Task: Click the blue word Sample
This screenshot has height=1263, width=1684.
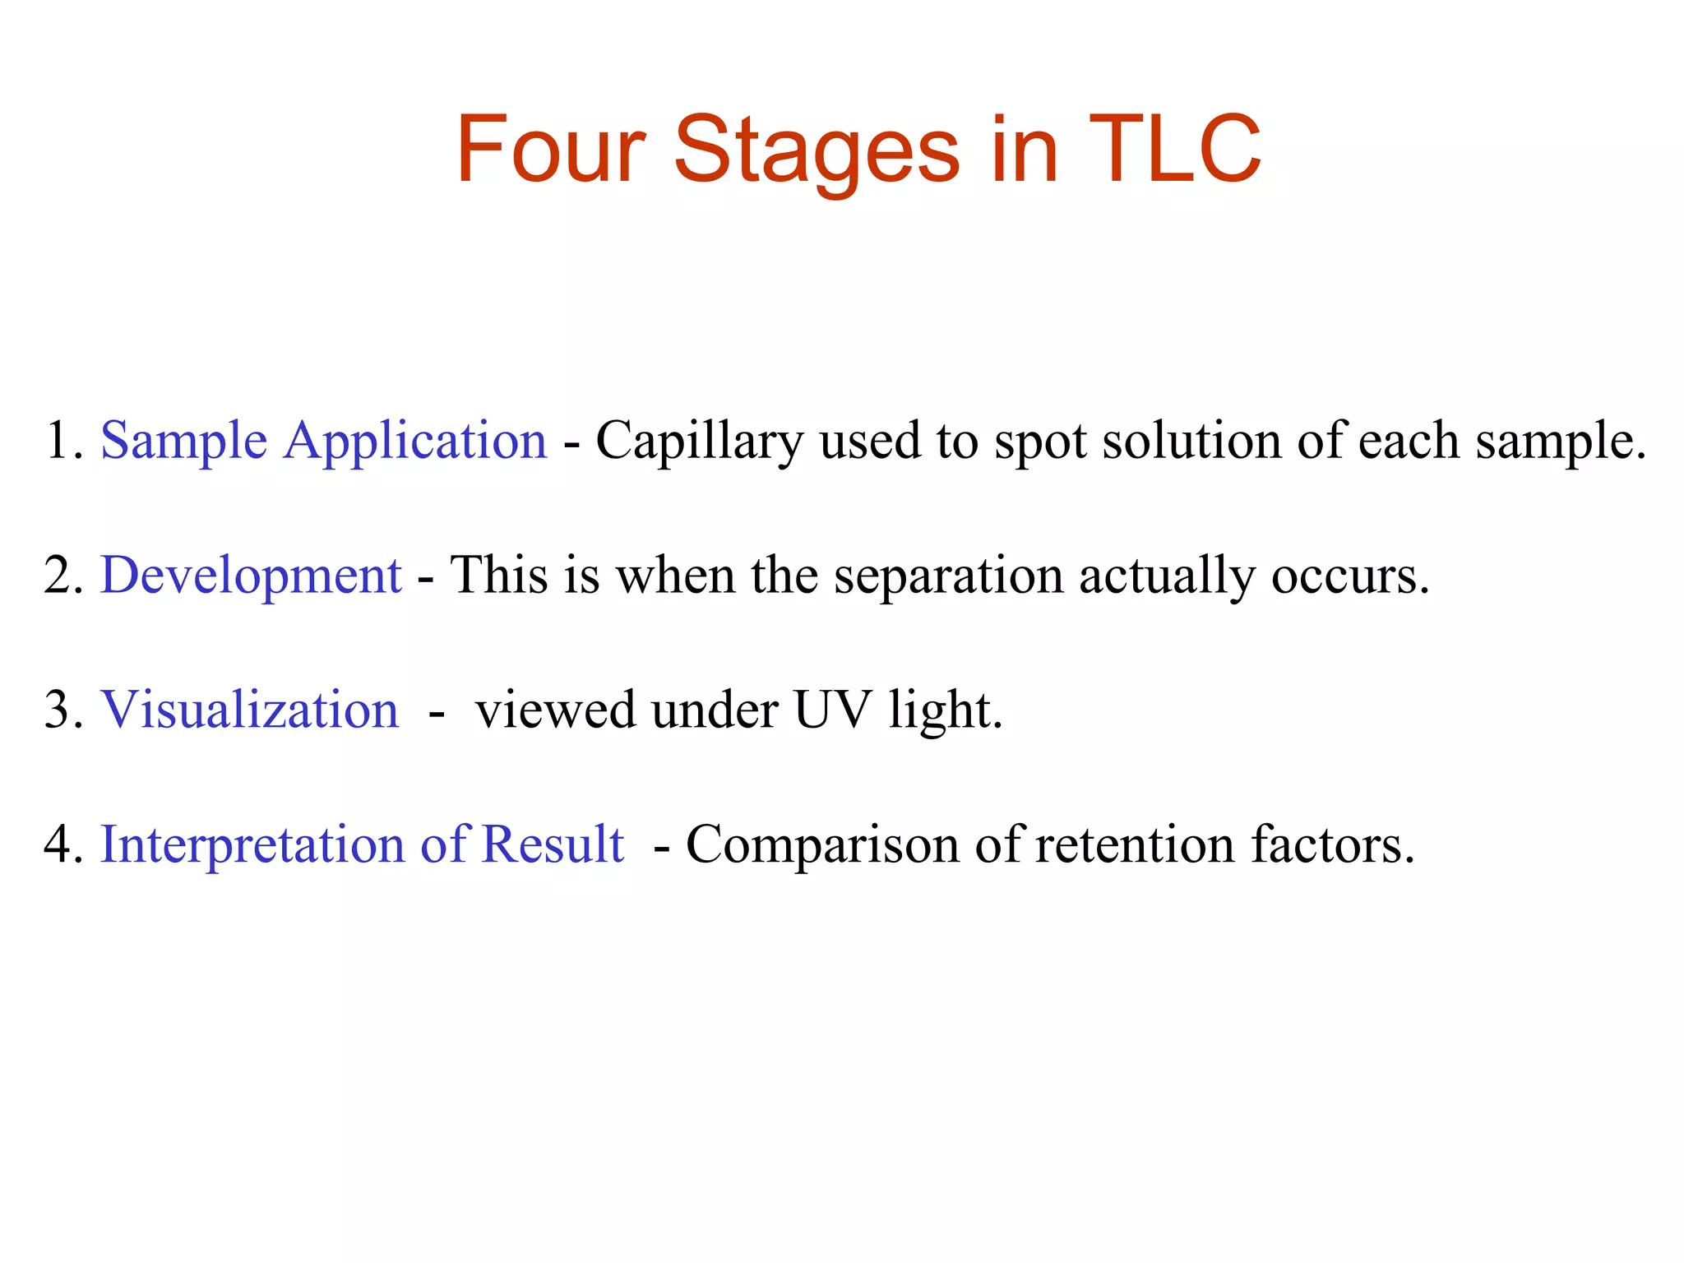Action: click(x=183, y=442)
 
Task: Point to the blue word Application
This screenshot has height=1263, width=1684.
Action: click(x=415, y=442)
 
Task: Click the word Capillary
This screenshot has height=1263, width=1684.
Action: click(x=699, y=442)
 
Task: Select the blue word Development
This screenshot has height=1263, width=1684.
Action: click(x=251, y=576)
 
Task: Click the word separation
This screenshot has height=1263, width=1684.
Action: click(x=948, y=576)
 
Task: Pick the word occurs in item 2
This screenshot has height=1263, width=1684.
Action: click(x=1350, y=576)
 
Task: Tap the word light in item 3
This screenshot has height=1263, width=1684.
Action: click(x=945, y=710)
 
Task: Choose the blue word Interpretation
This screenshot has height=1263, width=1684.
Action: click(x=252, y=844)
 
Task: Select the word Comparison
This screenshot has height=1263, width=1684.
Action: click(x=821, y=844)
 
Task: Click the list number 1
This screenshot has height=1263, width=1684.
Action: click(x=58, y=440)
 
